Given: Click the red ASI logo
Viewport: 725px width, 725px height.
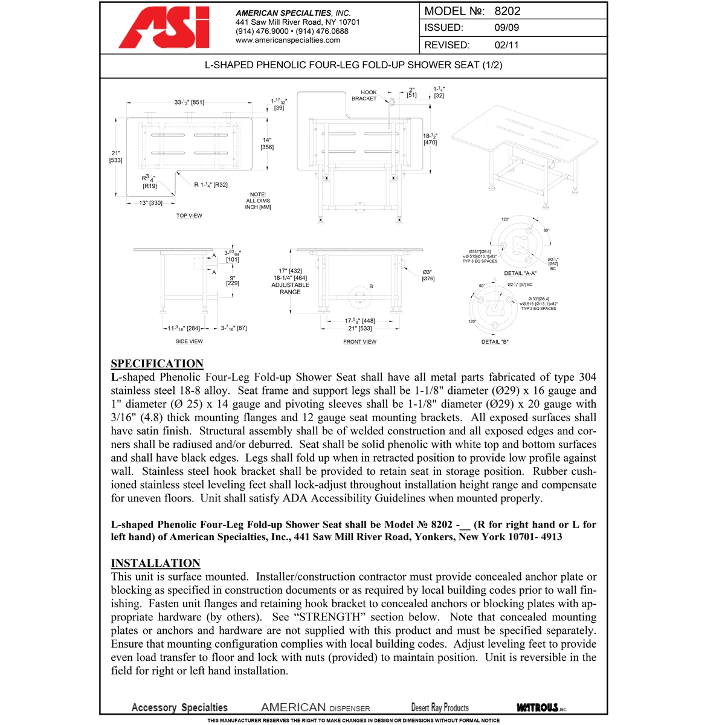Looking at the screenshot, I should pyautogui.click(x=164, y=28).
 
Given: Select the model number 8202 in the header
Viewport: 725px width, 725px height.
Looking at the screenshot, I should pyautogui.click(x=507, y=11).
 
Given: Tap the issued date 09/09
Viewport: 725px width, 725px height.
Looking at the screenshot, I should pyautogui.click(x=506, y=28).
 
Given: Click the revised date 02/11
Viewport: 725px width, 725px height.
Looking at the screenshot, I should pyautogui.click(x=506, y=45).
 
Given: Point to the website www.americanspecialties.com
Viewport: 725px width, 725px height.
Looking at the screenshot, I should pyautogui.click(x=288, y=40).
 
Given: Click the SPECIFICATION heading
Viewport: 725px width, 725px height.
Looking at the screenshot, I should pyautogui.click(x=157, y=364).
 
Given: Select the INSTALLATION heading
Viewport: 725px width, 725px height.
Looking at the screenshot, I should pyautogui.click(x=155, y=563).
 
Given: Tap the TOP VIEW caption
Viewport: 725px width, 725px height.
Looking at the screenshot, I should pyautogui.click(x=189, y=216).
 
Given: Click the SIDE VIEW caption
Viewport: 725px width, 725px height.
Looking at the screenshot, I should pyautogui.click(x=189, y=341).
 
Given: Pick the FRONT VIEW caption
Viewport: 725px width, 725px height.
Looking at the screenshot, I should pyautogui.click(x=359, y=342).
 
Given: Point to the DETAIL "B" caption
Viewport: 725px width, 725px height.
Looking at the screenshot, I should pyautogui.click(x=495, y=342).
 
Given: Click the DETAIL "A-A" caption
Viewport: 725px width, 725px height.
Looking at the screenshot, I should pyautogui.click(x=520, y=274).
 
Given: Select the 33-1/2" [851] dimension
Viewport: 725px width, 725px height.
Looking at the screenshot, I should pyautogui.click(x=189, y=103).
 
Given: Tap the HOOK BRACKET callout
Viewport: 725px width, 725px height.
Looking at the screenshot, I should pyautogui.click(x=364, y=95).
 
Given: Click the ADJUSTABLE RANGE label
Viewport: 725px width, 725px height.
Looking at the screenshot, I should pyautogui.click(x=290, y=288).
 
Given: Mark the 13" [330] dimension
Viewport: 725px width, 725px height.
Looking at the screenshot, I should pyautogui.click(x=150, y=203).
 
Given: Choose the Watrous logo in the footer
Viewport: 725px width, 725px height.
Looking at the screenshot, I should pyautogui.click(x=541, y=707).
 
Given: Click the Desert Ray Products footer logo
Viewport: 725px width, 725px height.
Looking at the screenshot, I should pyautogui.click(x=440, y=707).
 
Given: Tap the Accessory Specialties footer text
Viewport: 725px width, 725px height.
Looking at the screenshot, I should pyautogui.click(x=179, y=707).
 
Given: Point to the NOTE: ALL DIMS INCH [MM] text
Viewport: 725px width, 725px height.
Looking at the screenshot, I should pyautogui.click(x=258, y=201).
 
